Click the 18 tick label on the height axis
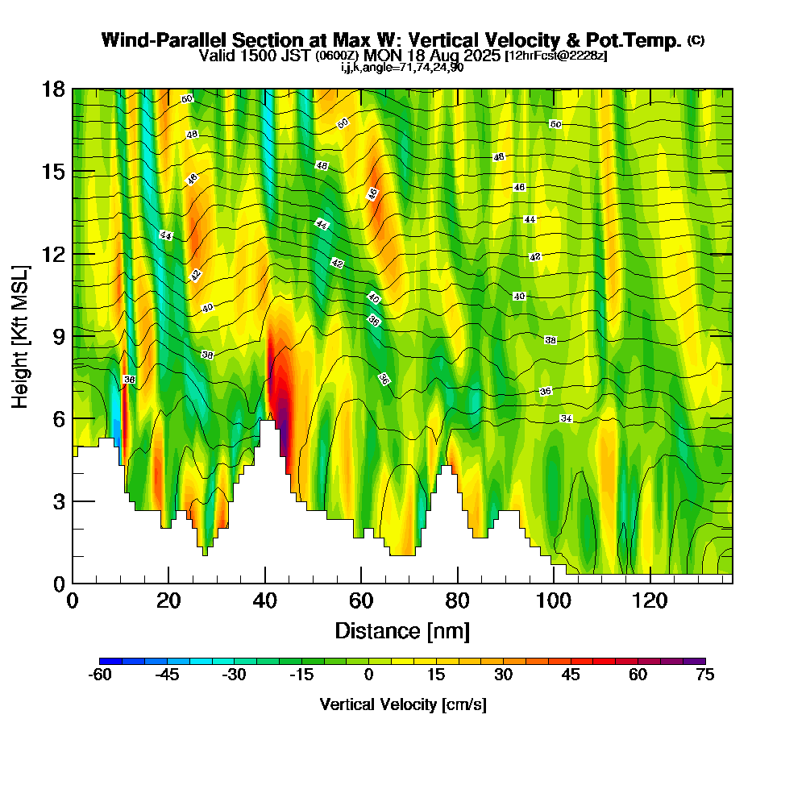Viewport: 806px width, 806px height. pos(53,89)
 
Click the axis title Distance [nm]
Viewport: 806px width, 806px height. pos(402,630)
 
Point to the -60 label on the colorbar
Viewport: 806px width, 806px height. pos(99,675)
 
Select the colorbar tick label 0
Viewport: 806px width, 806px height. pos(368,675)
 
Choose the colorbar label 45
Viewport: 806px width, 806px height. pos(570,675)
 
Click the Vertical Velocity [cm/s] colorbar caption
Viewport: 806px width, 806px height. pos(402,704)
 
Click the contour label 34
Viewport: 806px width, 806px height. pos(566,419)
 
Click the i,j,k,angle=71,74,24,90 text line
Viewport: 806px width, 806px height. pos(402,67)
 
